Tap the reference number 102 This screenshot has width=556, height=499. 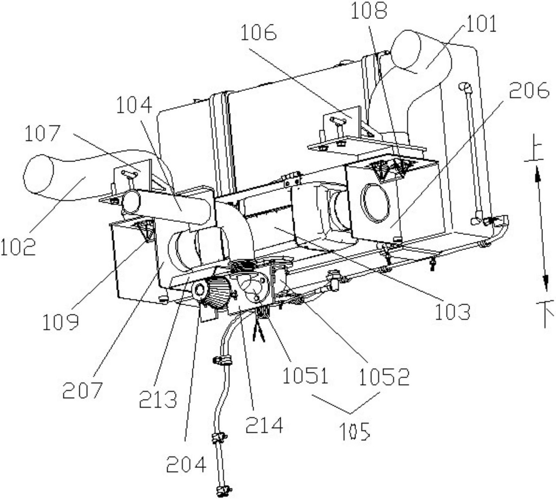point(18,247)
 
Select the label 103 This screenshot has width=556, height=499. point(452,311)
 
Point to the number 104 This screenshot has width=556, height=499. point(134,105)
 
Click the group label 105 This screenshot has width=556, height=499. point(355,431)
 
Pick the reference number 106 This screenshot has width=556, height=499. point(259,33)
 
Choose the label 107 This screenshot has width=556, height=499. point(43,133)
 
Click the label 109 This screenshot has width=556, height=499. point(61,322)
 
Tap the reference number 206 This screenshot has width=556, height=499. point(529,91)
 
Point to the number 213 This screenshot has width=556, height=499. point(158,399)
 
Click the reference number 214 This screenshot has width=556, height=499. point(264,425)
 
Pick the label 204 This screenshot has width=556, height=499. point(186,464)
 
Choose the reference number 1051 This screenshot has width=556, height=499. point(305,376)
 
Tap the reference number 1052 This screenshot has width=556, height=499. point(384,377)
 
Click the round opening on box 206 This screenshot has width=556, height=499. point(375,203)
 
